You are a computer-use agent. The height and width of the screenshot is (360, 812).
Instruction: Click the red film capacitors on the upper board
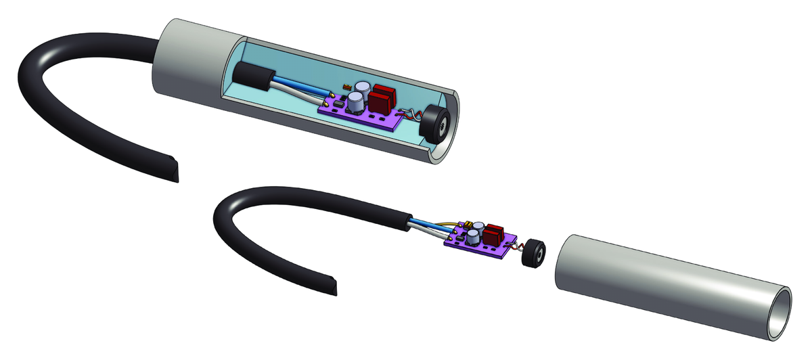pos(380,99)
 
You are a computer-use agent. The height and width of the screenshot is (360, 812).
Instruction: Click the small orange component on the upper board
pos(346,86)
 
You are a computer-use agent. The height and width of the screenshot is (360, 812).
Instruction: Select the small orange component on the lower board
pos(466,223)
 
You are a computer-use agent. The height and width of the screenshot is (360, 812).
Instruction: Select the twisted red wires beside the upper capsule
pos(409,115)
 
